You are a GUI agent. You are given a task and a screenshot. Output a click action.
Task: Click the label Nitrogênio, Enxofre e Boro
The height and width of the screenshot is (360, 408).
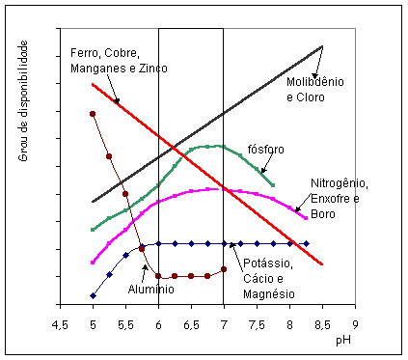[x=339, y=198]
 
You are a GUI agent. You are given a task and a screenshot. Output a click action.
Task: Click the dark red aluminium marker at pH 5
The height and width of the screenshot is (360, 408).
[x=93, y=114]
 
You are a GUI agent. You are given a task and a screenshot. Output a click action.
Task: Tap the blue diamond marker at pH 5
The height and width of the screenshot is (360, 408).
[x=93, y=295]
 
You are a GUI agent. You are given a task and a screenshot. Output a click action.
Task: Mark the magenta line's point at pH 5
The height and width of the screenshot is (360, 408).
[x=93, y=262]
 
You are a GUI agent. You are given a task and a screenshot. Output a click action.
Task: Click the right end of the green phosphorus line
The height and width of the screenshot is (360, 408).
[x=274, y=184]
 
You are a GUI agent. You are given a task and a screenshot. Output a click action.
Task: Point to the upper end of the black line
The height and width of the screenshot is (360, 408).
[x=322, y=45]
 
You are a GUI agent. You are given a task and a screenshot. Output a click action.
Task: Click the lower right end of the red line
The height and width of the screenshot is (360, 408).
[x=322, y=264]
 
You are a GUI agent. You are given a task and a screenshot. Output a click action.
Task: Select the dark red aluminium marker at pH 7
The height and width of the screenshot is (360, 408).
[x=224, y=269]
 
